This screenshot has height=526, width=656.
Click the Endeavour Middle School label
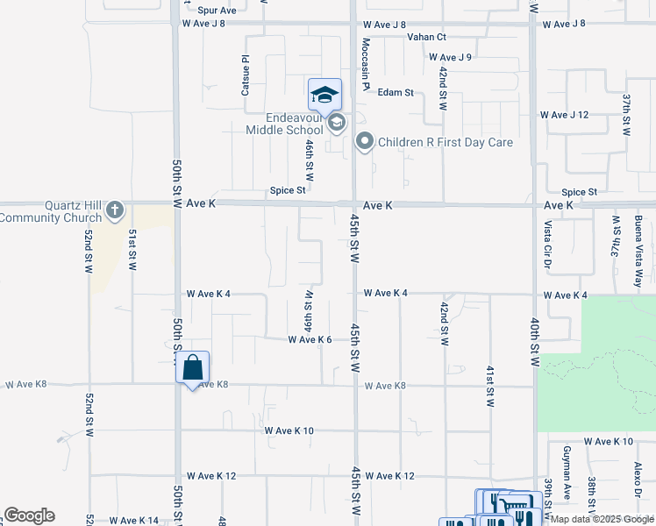point(278,124)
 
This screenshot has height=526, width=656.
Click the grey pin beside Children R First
point(365,141)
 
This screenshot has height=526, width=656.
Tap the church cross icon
point(115,210)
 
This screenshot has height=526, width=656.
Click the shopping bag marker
point(193,367)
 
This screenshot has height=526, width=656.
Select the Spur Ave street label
point(217,11)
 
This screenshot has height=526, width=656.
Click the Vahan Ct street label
point(427,37)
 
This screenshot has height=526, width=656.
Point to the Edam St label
point(395,92)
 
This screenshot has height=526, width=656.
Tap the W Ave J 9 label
point(450,57)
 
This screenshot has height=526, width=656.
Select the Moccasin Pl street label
point(364,63)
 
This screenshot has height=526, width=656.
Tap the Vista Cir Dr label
point(547,239)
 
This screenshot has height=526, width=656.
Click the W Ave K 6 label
point(310,339)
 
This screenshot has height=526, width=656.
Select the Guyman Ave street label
point(567,481)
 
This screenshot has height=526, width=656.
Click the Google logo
point(29,515)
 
